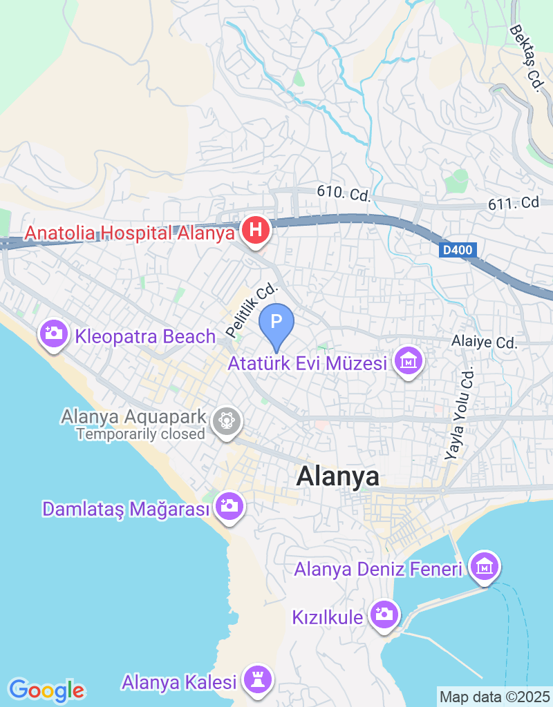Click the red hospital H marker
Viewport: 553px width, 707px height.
(256, 229)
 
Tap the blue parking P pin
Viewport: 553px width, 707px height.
(276, 322)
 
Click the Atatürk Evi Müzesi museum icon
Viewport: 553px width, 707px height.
(408, 360)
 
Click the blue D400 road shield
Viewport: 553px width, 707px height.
(458, 251)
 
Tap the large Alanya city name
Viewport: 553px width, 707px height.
(338, 477)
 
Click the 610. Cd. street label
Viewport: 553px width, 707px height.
(344, 193)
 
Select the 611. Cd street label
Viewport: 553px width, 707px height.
(513, 203)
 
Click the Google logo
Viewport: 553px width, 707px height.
(47, 690)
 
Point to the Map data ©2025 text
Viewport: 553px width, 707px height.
(494, 697)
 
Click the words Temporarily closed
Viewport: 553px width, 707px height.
(141, 434)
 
